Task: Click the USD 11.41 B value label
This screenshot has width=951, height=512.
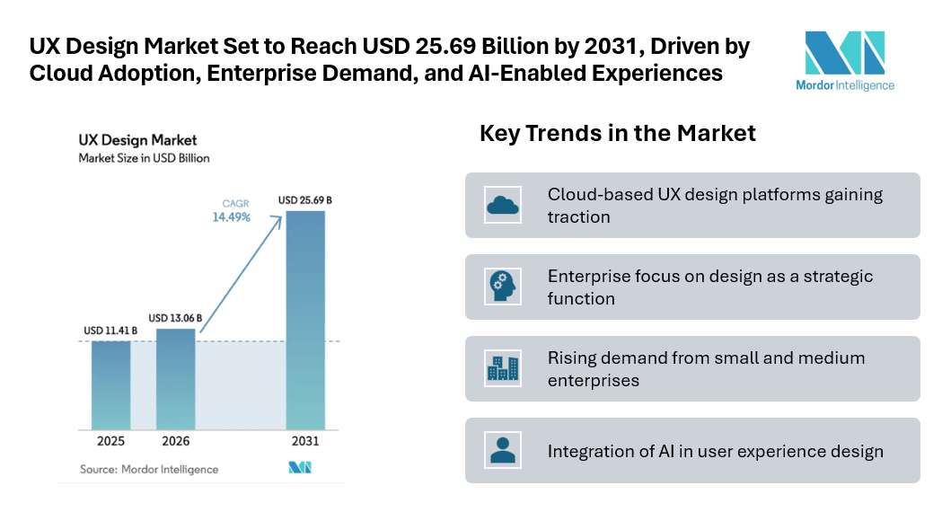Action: pos(110,331)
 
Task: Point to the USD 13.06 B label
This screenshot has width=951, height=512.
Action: pos(175,318)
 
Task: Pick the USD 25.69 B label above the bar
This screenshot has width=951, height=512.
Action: pos(305,199)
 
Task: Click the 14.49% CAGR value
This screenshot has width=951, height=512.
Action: pos(232,217)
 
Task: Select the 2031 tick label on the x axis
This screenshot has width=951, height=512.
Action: pos(304,442)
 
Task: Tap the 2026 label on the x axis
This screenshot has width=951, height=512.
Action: pos(176,442)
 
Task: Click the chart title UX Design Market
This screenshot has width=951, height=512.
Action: pos(137,140)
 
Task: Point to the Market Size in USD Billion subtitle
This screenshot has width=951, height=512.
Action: pos(144,159)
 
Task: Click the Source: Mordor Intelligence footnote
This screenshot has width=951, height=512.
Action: pos(149,469)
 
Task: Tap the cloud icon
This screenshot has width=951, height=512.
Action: pos(503,206)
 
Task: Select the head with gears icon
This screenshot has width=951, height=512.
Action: pos(503,287)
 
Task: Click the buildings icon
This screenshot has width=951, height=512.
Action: pos(503,368)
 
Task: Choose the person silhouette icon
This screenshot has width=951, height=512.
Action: pos(503,450)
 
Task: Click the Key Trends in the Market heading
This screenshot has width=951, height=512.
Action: pos(618,134)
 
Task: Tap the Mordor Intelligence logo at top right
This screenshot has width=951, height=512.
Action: pos(844,60)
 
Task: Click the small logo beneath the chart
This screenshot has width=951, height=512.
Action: pos(299,468)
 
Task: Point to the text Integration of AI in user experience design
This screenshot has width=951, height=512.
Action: pos(716,451)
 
